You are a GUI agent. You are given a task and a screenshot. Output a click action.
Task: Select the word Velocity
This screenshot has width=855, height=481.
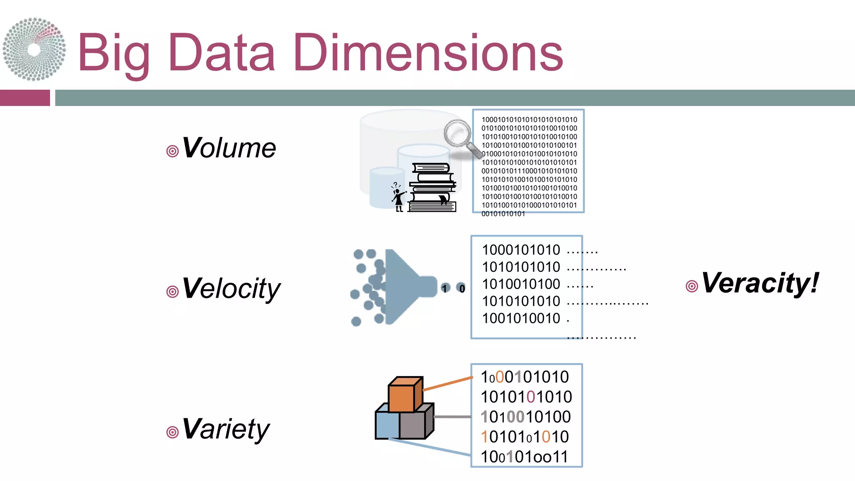(231, 289)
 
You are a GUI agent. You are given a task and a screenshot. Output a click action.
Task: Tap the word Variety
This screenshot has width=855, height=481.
(226, 429)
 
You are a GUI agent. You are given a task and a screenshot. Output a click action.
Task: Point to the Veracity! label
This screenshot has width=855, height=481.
(760, 283)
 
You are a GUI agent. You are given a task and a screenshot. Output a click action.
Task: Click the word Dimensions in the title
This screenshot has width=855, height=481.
(428, 53)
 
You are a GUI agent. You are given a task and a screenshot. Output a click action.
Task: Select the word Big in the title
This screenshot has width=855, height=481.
(114, 54)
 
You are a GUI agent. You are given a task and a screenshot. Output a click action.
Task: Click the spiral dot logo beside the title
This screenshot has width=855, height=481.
(34, 49)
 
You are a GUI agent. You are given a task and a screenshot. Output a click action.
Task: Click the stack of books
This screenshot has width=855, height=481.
(432, 187)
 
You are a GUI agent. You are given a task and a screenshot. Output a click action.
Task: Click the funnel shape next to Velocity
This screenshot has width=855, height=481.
(407, 287)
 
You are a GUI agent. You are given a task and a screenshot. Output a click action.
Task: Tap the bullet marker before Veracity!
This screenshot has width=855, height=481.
(692, 286)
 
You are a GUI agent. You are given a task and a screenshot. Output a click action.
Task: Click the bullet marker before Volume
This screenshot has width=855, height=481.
(172, 151)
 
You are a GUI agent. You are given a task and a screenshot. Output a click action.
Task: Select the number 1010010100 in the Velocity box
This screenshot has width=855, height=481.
(521, 284)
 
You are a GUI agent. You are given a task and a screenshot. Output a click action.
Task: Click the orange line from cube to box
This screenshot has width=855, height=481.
(448, 384)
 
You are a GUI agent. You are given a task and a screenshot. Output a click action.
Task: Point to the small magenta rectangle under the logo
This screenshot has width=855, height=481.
(25, 98)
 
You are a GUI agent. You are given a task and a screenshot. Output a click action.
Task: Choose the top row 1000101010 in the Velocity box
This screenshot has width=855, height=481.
(521, 250)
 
